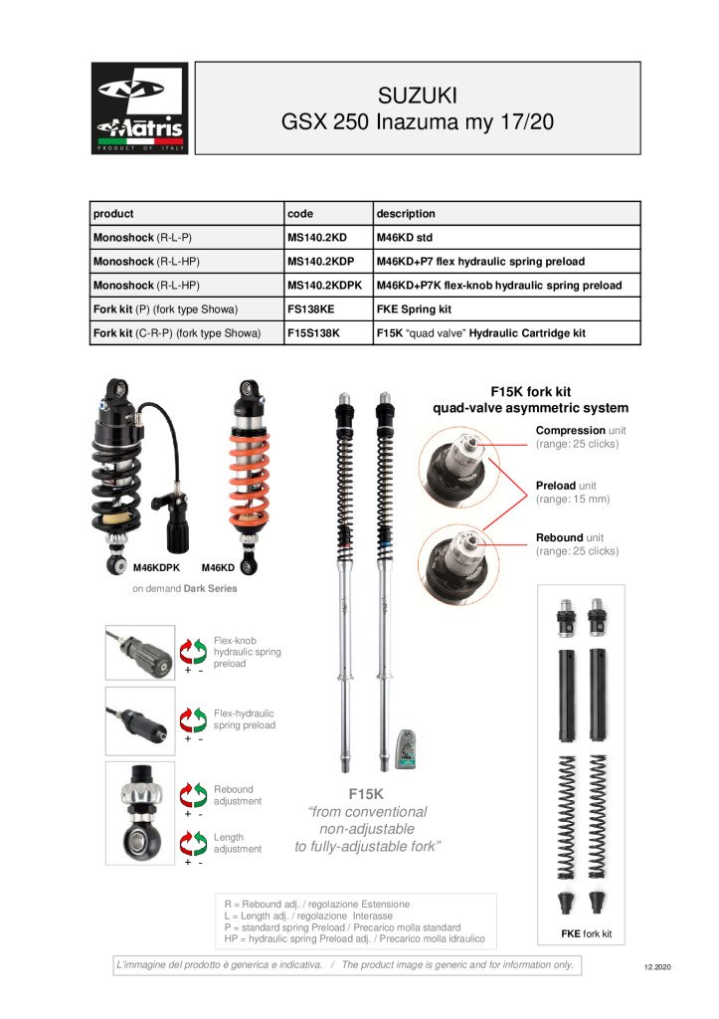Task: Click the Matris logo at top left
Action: (139, 108)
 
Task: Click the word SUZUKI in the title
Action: (417, 97)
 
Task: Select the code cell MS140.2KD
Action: (317, 237)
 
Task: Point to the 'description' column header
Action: (406, 213)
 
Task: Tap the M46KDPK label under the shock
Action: (157, 567)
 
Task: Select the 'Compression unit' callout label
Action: (577, 437)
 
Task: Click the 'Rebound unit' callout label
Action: (577, 544)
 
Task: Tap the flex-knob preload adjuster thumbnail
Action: (140, 653)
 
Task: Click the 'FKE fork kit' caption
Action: (587, 934)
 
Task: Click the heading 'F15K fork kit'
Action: (530, 392)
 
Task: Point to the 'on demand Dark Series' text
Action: (185, 588)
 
